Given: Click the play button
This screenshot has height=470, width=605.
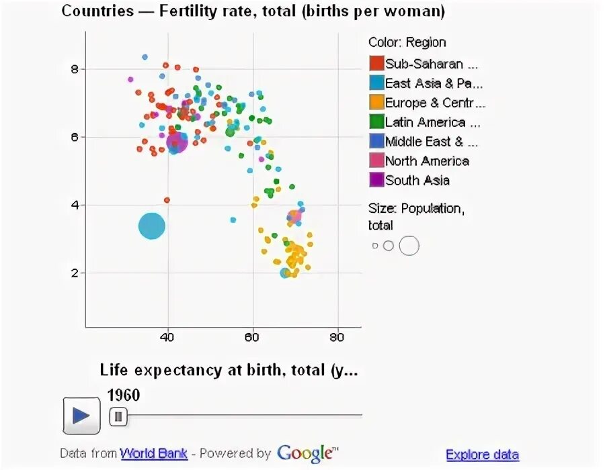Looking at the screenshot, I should [x=81, y=416].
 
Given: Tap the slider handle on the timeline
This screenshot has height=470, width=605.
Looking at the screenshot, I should [x=118, y=417].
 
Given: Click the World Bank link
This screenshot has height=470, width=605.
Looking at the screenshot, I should [x=154, y=453].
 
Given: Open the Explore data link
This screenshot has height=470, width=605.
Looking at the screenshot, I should [x=482, y=455].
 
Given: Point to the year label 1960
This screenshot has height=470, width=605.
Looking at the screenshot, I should [x=124, y=395].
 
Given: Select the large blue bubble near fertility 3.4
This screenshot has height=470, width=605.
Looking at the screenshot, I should [x=152, y=226].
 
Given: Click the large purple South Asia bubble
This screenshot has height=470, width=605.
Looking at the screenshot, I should [x=177, y=142].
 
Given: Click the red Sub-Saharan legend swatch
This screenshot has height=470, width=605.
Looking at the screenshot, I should [x=376, y=64].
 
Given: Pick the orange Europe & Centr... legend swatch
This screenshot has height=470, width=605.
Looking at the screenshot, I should [x=376, y=103].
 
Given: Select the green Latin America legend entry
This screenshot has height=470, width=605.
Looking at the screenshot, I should [x=425, y=122].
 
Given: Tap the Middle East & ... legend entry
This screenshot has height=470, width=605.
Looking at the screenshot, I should [x=430, y=142].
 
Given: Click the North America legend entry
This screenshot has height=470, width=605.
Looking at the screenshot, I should [x=426, y=161].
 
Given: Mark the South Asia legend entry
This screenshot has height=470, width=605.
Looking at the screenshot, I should [x=417, y=181].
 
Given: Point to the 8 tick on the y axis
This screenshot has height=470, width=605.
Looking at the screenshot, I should [x=75, y=69].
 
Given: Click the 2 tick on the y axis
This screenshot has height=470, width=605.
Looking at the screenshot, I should [x=75, y=273].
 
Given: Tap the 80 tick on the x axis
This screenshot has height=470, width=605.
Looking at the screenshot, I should [x=337, y=338].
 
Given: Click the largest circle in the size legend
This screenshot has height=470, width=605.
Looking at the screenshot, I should [x=409, y=246].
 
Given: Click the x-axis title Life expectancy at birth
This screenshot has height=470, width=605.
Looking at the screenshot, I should [x=229, y=370].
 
